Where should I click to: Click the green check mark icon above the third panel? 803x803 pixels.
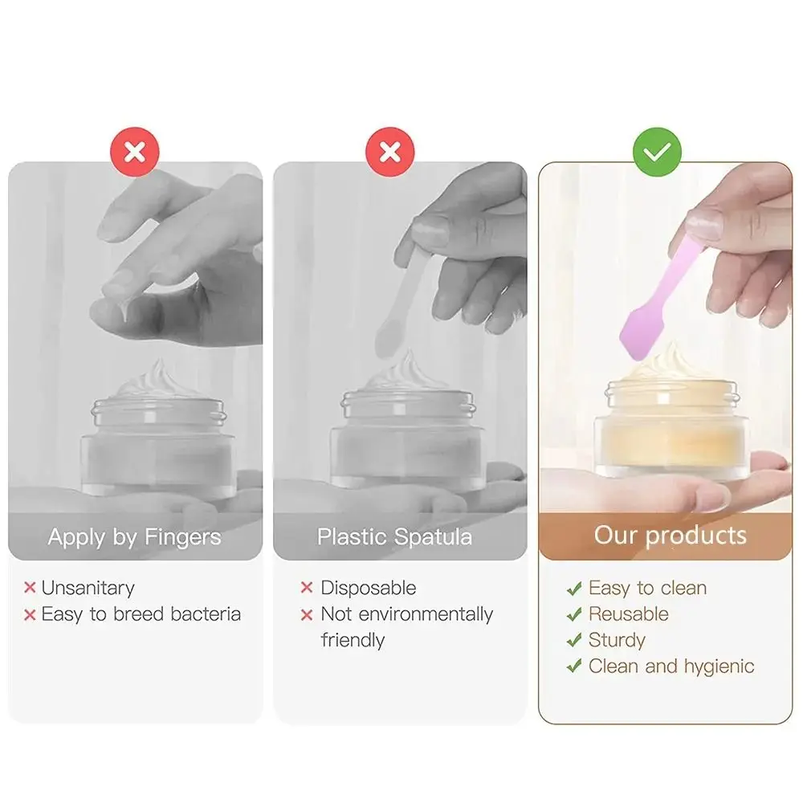coord(657,151)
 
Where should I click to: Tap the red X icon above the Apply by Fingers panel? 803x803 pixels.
coord(135,151)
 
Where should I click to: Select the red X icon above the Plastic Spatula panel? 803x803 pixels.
coord(389,151)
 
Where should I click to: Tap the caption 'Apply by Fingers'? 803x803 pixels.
coord(134,537)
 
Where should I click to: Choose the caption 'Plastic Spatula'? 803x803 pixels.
coord(394,537)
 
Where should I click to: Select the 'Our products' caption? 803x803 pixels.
coord(670,536)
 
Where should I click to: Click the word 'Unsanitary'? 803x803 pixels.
coord(88,588)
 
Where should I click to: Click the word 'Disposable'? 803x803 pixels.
coord(369,588)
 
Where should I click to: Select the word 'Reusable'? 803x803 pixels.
coord(628,614)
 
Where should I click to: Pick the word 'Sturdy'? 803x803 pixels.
coord(617,641)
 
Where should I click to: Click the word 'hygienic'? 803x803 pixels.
coord(719,666)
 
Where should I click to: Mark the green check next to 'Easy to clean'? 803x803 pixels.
coord(573,589)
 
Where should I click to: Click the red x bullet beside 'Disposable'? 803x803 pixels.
coord(306,589)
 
